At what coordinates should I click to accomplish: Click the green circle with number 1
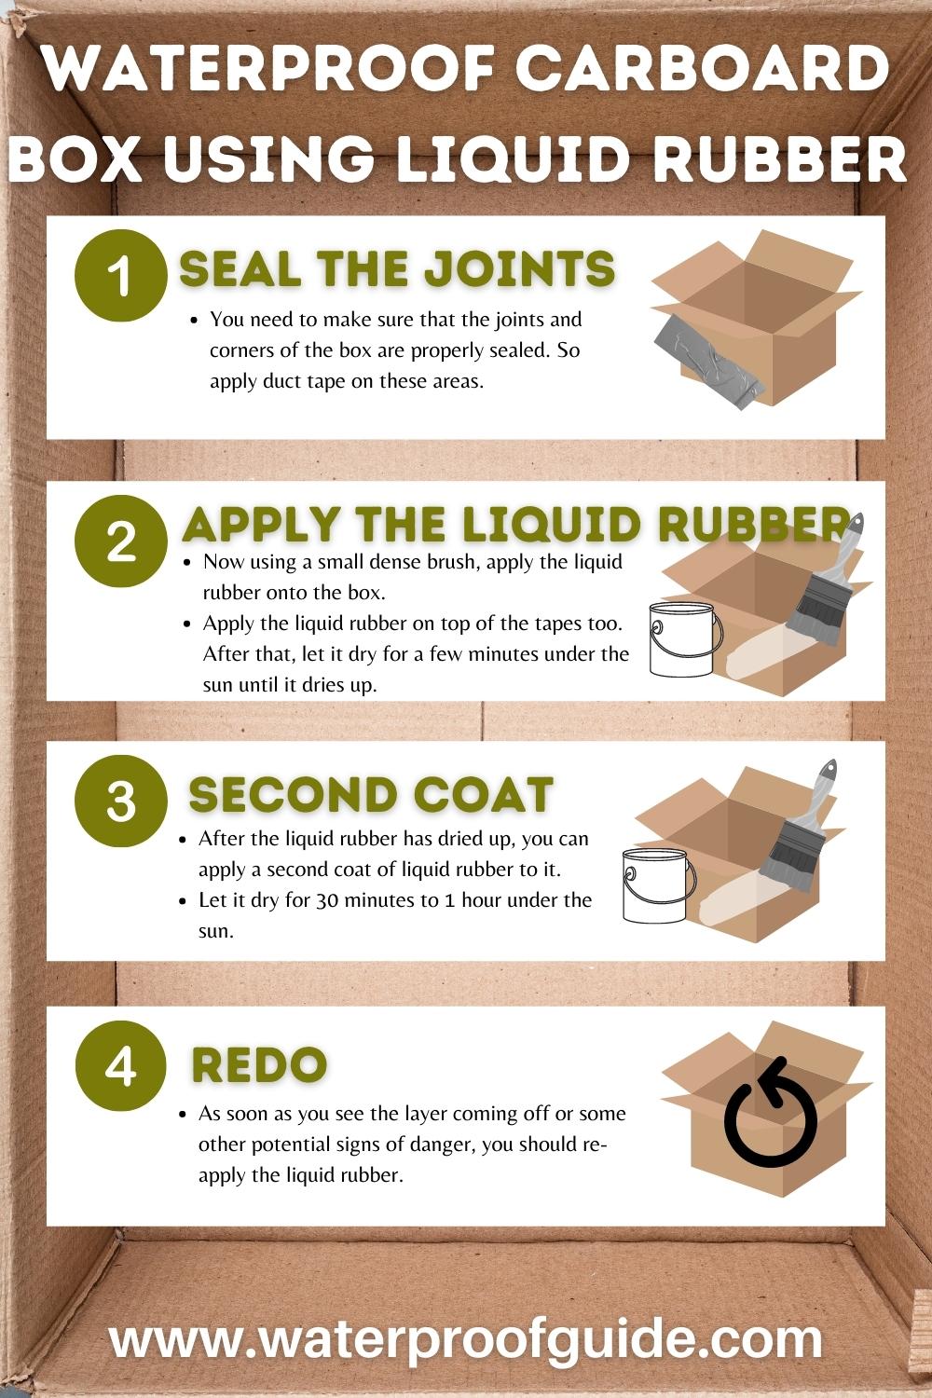pos(120,276)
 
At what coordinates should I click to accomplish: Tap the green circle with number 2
pos(120,541)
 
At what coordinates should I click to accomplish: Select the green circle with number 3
pos(120,801)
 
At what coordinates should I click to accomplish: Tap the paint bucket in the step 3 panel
pos(658,885)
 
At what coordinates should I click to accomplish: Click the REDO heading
pos(259,1064)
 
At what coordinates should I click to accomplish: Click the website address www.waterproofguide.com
pos(466,1339)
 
